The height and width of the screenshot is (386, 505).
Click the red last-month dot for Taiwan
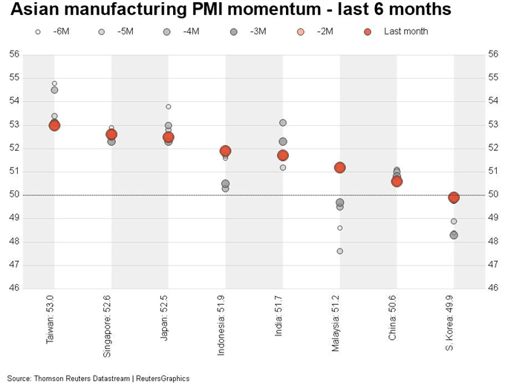coord(54,125)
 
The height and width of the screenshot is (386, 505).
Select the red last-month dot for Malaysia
coord(340,167)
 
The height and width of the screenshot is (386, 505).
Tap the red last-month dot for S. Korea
coord(454,197)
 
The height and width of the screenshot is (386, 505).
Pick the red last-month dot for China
coord(397,181)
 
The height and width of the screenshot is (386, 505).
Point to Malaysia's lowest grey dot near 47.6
coord(340,251)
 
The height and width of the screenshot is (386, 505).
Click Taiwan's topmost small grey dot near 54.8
coord(54,83)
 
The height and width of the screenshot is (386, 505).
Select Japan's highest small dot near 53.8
coord(169,106)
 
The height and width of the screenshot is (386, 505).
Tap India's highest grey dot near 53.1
coord(283,123)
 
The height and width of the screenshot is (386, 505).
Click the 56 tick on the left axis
coord(15,54)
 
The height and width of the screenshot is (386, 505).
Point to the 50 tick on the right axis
coord(492,195)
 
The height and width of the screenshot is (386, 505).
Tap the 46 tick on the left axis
coord(15,288)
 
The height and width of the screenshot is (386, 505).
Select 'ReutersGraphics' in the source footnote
coord(162,379)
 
